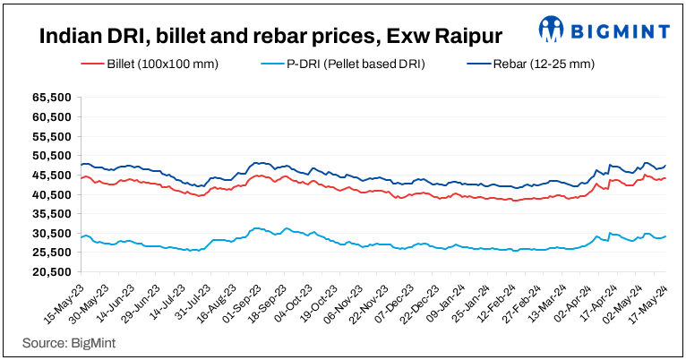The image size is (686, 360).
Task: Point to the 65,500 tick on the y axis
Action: pyautogui.click(x=52, y=98)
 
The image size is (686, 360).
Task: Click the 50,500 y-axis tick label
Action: pyautogui.click(x=52, y=156)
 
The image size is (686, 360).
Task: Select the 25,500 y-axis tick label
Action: pyautogui.click(x=52, y=253)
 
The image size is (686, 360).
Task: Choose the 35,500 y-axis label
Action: pyautogui.click(x=52, y=214)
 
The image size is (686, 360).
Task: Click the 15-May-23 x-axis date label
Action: pyautogui.click(x=61, y=291)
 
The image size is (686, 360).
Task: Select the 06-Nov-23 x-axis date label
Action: pyautogui.click(x=341, y=291)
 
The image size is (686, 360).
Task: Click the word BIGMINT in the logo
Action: pyautogui.click(x=619, y=30)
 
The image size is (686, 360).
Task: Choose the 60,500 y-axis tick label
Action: pyautogui.click(x=52, y=117)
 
